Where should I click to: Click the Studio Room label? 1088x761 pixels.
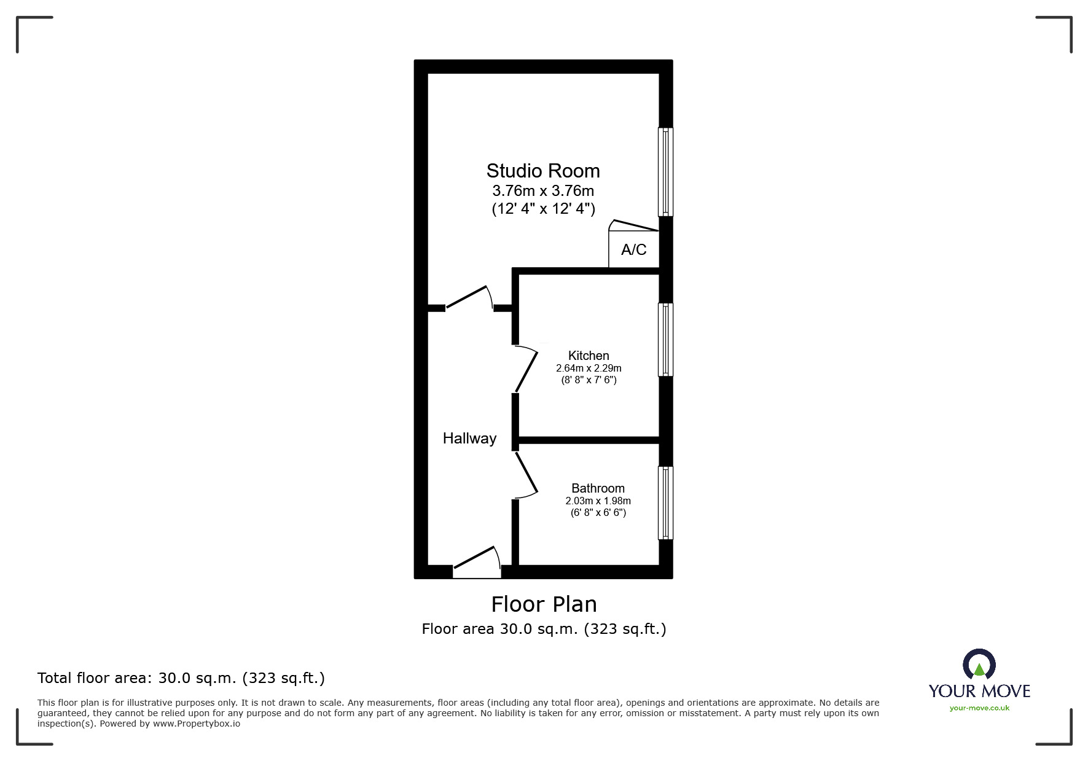(x=543, y=171)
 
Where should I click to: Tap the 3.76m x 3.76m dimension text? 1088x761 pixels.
(x=543, y=191)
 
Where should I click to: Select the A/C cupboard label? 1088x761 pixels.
(x=633, y=249)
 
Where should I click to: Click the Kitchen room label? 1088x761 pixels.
(x=589, y=356)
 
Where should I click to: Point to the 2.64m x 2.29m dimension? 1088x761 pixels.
(x=589, y=369)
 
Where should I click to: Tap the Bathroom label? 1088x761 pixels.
(x=598, y=488)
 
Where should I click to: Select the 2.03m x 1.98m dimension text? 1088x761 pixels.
(x=598, y=501)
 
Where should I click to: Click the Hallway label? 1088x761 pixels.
(x=469, y=439)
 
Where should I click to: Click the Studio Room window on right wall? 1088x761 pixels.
(x=665, y=172)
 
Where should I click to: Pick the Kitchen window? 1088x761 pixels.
(x=665, y=339)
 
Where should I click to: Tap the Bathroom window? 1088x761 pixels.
(x=665, y=503)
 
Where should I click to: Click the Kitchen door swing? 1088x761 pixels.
(x=526, y=369)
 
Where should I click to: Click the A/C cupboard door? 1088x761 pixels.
(x=634, y=226)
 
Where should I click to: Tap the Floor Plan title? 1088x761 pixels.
(x=544, y=604)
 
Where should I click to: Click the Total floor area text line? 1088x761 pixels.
(x=181, y=678)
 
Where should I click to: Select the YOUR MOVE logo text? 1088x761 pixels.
(x=979, y=691)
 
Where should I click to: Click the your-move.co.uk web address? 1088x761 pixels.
(x=979, y=708)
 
